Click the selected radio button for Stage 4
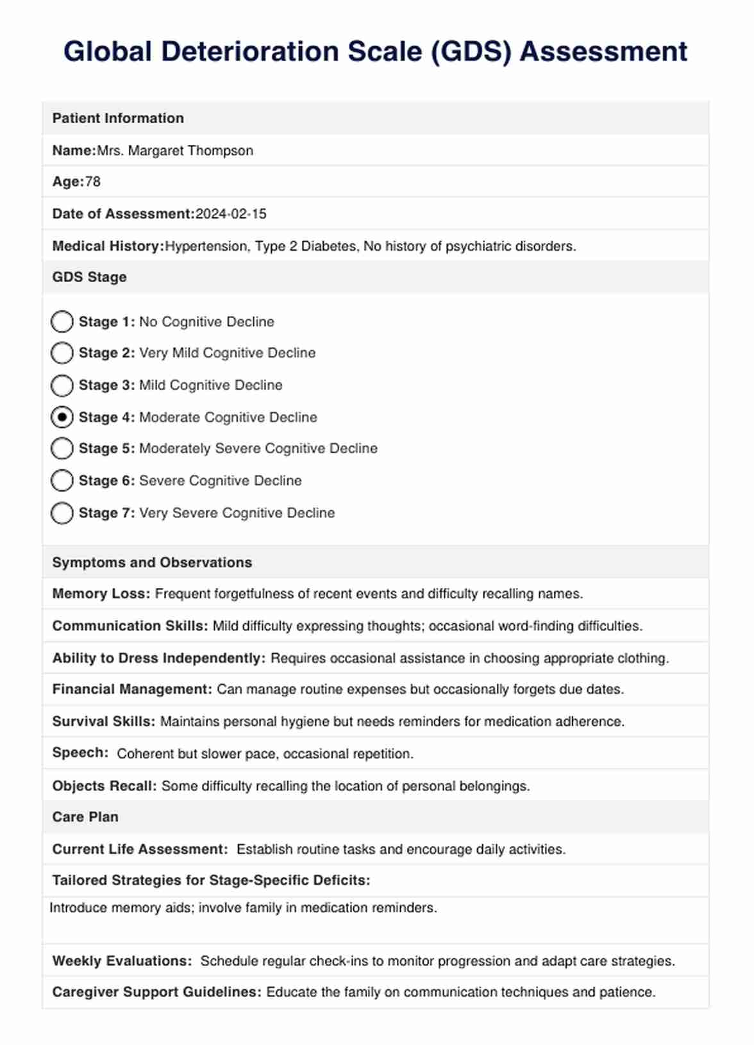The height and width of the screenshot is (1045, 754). (x=62, y=417)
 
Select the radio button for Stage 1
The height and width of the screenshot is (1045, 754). (x=62, y=322)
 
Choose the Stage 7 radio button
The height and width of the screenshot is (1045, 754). (x=62, y=513)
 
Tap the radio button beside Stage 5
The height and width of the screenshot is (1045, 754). (x=62, y=449)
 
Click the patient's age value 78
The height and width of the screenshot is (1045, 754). (x=93, y=182)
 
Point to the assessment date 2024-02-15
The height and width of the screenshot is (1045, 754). (x=231, y=214)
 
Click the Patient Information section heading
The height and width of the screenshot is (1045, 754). (x=118, y=119)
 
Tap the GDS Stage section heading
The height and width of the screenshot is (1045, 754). (x=89, y=278)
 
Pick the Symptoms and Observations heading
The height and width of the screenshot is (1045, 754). (x=152, y=563)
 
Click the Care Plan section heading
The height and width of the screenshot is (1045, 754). (x=85, y=817)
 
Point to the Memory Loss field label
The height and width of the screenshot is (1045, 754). (x=101, y=594)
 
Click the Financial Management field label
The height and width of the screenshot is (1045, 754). (x=132, y=690)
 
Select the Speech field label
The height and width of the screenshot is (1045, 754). (x=80, y=753)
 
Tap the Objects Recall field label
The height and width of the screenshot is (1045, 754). (x=105, y=786)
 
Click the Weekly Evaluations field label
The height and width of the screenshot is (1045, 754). (x=122, y=961)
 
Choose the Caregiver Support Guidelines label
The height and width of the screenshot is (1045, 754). (x=156, y=992)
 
